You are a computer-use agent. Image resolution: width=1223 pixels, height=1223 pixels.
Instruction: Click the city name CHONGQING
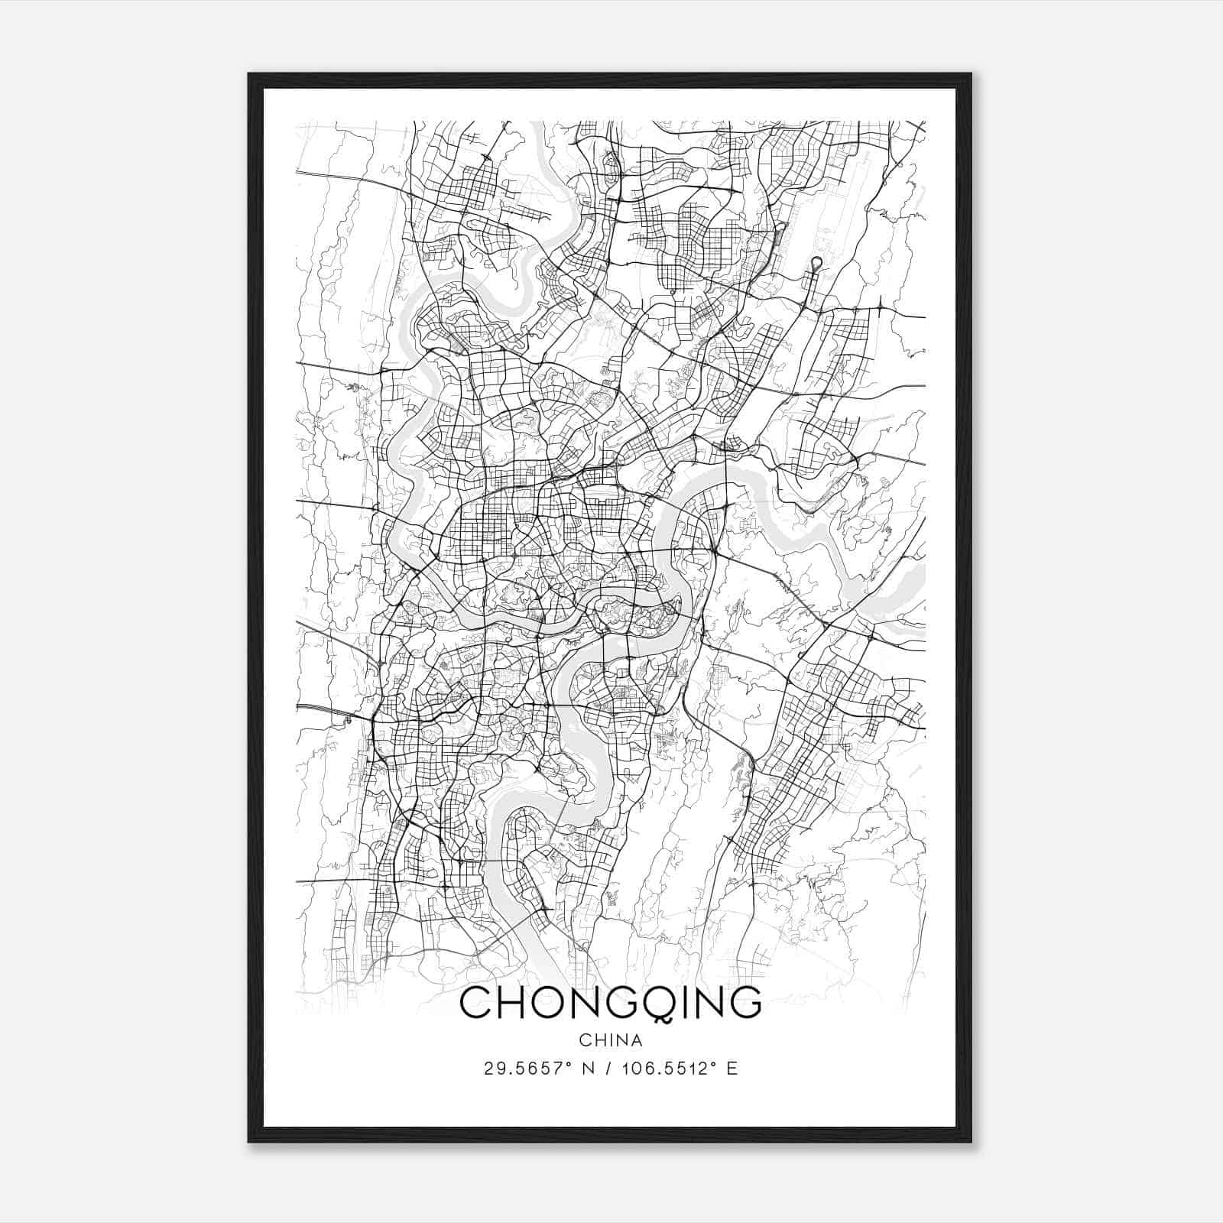click(x=611, y=1002)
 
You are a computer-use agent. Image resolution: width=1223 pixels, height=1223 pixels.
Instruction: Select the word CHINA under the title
click(x=611, y=1040)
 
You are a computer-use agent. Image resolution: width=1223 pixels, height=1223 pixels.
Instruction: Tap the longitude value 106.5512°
click(x=674, y=1069)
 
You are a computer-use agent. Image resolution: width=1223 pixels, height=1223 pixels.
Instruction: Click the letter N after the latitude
click(x=589, y=1069)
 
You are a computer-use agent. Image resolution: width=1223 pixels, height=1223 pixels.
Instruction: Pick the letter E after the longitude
click(x=732, y=1069)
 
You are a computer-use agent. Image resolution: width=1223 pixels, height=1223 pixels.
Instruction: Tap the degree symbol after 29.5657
click(x=569, y=1064)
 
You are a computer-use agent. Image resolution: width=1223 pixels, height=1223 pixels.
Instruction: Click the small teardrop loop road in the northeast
click(x=816, y=264)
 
